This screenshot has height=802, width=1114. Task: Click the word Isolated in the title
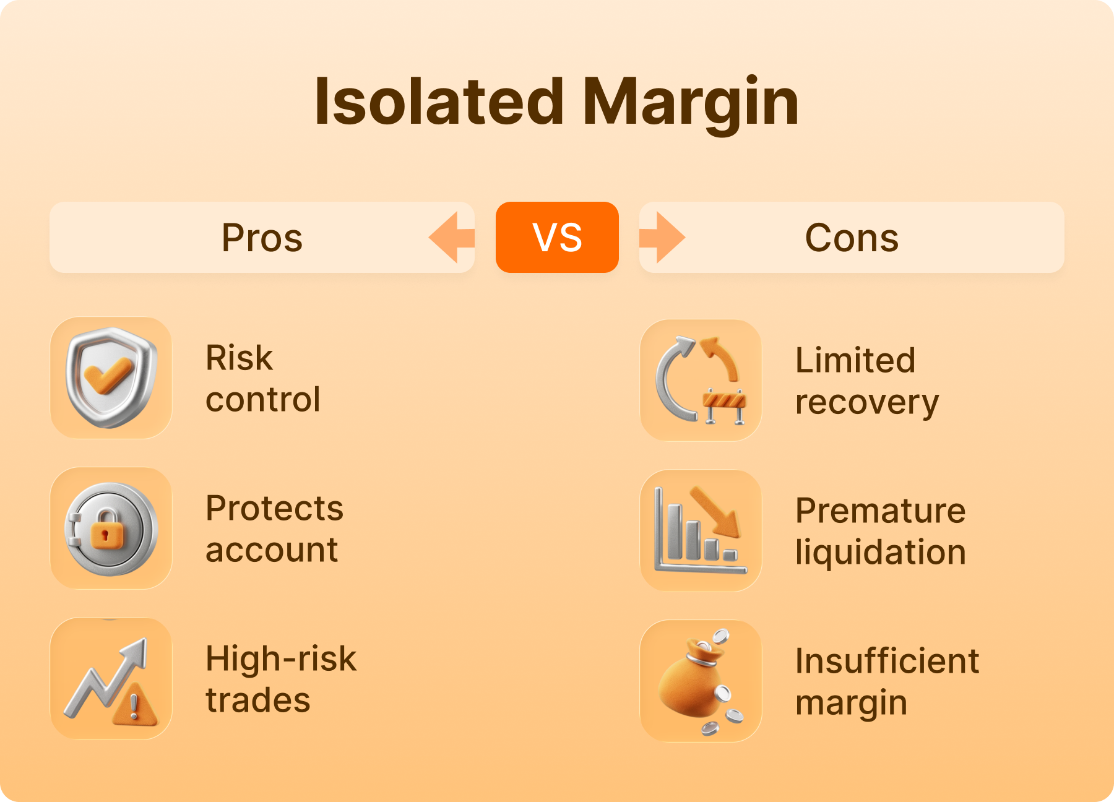tap(439, 101)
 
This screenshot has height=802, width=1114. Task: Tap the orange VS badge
tap(557, 237)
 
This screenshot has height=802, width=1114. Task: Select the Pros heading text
tap(262, 238)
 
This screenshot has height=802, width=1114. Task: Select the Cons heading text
tap(852, 238)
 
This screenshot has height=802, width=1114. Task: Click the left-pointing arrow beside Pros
tap(452, 238)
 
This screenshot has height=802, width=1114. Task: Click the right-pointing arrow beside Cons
tap(662, 238)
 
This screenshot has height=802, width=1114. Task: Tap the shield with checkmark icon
tap(111, 377)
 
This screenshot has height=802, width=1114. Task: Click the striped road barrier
tap(725, 405)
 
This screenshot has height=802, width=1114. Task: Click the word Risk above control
tap(239, 358)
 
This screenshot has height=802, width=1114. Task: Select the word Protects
tap(274, 508)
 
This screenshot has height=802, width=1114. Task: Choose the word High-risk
tap(281, 658)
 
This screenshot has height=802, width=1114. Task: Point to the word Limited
tap(855, 360)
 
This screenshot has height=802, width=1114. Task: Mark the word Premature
tap(881, 511)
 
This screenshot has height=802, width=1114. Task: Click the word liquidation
tap(881, 552)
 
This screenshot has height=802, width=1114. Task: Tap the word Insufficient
tap(887, 661)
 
